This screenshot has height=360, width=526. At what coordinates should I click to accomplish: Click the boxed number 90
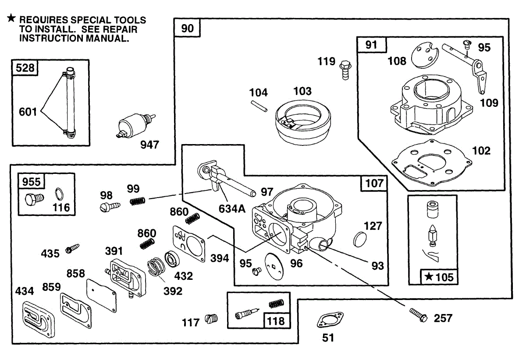click(187, 29)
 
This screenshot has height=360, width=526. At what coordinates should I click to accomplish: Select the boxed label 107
click(373, 183)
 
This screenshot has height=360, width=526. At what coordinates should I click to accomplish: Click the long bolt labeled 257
click(418, 315)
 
